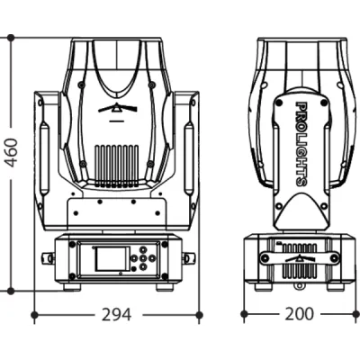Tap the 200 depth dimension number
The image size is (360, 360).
coord(298,314)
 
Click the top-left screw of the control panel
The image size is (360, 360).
coord(80,244)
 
